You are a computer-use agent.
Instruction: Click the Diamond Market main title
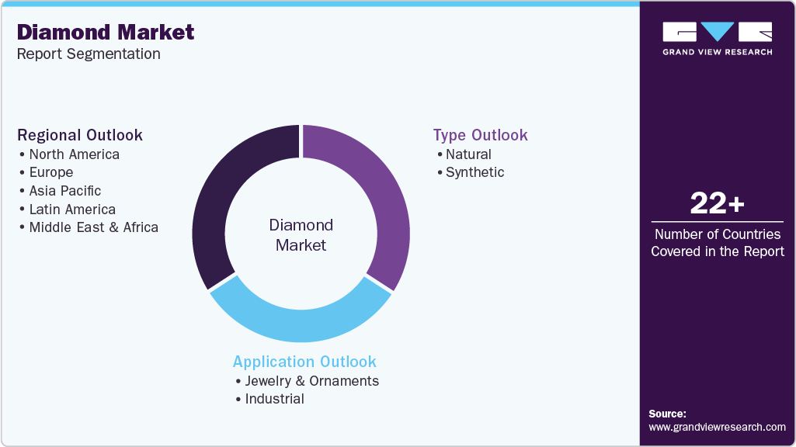click(106, 32)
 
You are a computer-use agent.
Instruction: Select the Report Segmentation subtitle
click(89, 54)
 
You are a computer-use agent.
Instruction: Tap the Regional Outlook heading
click(80, 135)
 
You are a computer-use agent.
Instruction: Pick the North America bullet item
click(74, 154)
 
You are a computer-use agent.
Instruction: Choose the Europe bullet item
click(50, 172)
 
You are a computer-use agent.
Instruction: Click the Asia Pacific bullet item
click(64, 191)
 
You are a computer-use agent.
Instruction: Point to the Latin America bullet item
click(71, 210)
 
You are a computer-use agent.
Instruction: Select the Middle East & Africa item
click(93, 227)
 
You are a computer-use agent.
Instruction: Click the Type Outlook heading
click(480, 135)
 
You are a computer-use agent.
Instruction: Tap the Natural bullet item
click(468, 154)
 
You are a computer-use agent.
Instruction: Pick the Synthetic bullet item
click(474, 172)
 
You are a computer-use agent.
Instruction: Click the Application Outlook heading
click(304, 362)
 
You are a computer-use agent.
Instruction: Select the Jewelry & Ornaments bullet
click(311, 381)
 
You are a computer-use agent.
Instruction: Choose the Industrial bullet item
click(274, 399)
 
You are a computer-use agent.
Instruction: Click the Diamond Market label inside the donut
click(301, 235)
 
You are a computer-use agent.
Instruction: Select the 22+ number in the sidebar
click(717, 204)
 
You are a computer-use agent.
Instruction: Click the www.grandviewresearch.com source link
click(717, 427)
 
